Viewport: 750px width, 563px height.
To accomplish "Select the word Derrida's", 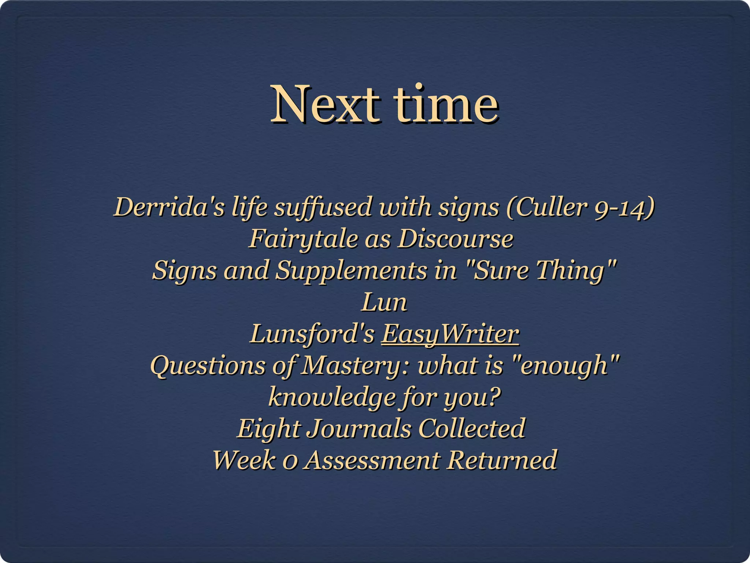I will coord(169,207).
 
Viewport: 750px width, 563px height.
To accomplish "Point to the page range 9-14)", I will coord(625,207).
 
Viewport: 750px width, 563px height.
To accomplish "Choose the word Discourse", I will coord(456,239).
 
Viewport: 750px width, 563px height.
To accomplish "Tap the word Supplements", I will coord(351,271).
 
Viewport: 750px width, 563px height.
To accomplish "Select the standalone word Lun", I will coord(384,302).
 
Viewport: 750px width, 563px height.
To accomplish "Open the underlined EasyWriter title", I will coord(450,334).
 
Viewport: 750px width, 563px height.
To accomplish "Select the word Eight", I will coord(269,428).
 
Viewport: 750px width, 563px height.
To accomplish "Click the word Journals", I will coord(359,428).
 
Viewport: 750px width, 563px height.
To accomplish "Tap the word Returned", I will coord(502,460).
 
